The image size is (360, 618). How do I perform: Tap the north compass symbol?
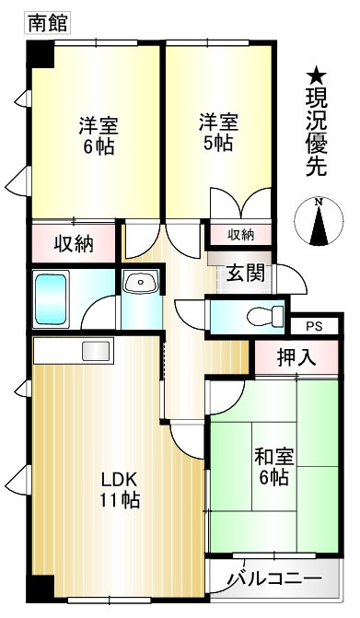[x=318, y=223]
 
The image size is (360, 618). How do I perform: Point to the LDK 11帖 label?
[x=120, y=489]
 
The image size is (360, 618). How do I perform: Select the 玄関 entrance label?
[x=246, y=274]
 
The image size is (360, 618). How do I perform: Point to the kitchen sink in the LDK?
[x=96, y=350]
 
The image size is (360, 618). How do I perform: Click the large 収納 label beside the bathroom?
[x=73, y=244]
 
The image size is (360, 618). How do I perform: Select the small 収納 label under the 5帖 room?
[x=240, y=235]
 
